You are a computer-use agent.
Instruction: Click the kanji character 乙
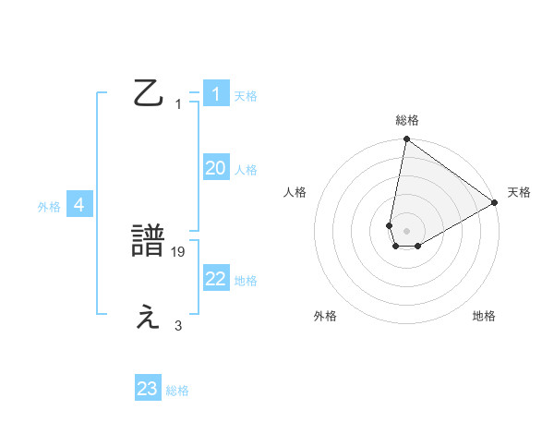pyautogui.click(x=150, y=93)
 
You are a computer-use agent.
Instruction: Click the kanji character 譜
pyautogui.click(x=150, y=242)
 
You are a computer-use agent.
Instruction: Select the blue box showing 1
pyautogui.click(x=216, y=94)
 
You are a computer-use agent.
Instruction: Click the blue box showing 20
pyautogui.click(x=216, y=168)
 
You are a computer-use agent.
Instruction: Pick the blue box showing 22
pyautogui.click(x=216, y=279)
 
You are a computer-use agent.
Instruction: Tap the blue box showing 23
pyautogui.click(x=148, y=389)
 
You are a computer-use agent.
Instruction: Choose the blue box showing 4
pyautogui.click(x=79, y=205)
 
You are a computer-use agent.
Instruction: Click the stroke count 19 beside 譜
pyautogui.click(x=179, y=250)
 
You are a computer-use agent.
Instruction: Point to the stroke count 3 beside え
pyautogui.click(x=178, y=325)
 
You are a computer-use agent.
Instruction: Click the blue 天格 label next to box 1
pyautogui.click(x=246, y=95)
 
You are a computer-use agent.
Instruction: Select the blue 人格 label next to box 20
pyautogui.click(x=246, y=169)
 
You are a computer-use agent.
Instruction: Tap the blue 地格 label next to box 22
pyautogui.click(x=246, y=280)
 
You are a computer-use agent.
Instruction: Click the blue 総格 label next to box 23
pyautogui.click(x=177, y=390)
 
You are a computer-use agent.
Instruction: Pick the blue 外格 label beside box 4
pyautogui.click(x=49, y=207)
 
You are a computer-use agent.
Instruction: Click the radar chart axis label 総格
pyautogui.click(x=407, y=120)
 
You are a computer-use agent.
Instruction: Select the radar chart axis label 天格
pyautogui.click(x=519, y=192)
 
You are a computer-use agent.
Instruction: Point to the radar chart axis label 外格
pyautogui.click(x=325, y=316)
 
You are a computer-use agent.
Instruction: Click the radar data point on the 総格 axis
pyautogui.click(x=406, y=139)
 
